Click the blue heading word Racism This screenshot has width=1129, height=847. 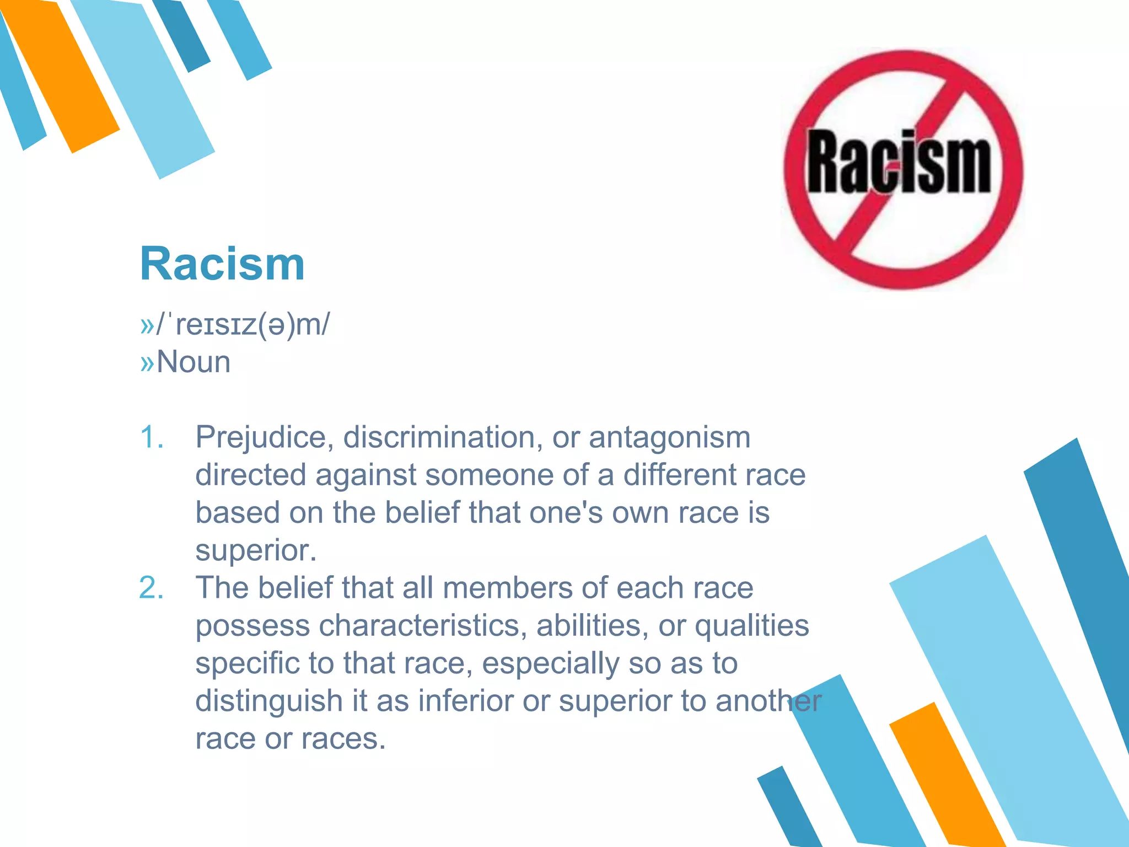pos(222,264)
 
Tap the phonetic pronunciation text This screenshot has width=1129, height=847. pos(243,324)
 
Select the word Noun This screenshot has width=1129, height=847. pos(193,362)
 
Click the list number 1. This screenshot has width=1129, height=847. pos(152,437)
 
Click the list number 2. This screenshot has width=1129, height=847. pos(152,588)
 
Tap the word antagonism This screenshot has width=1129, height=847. pos(669,438)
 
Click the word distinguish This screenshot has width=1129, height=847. pos(270,701)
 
